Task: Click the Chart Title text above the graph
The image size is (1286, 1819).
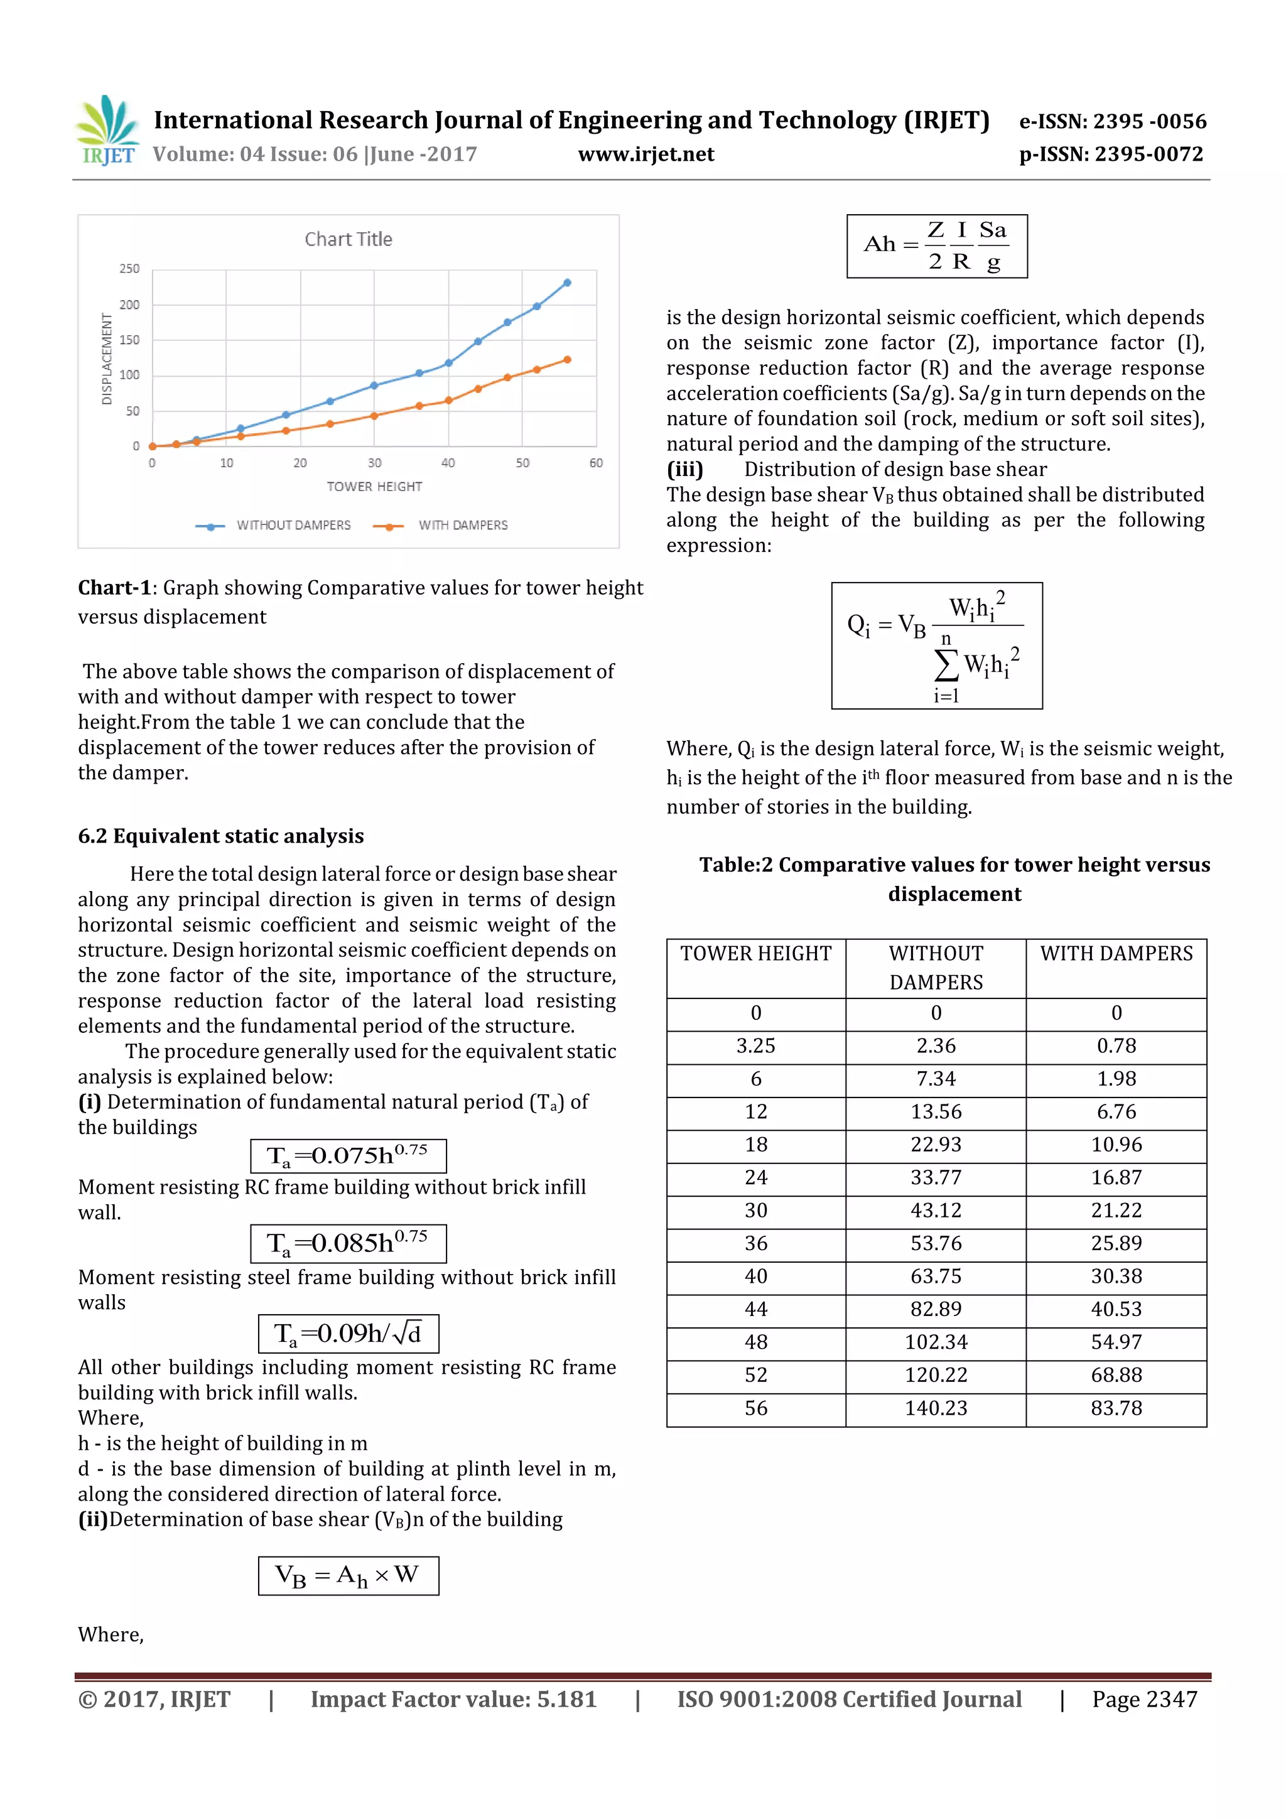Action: coord(348,239)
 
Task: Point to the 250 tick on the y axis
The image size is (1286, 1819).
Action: coord(129,269)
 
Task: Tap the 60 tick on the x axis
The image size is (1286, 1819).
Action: coord(596,463)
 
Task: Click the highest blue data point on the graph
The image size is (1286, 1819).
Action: coord(567,283)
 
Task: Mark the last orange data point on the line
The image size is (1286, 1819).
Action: coord(567,360)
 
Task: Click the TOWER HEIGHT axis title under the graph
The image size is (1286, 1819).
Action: coord(374,487)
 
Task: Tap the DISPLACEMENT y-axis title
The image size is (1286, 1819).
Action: coord(107,359)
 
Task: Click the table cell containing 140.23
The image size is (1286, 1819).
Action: coord(936,1408)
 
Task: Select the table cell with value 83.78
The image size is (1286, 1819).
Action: coord(1116,1408)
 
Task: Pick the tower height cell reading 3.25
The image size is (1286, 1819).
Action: coord(755,1047)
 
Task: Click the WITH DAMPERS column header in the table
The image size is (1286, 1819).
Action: coord(1116,954)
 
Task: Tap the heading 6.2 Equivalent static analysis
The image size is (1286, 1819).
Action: coord(220,836)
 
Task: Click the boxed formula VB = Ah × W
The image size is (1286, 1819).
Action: coord(348,1576)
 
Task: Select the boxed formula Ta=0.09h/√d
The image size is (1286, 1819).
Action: coord(348,1334)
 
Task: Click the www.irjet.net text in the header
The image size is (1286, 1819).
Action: coord(646,154)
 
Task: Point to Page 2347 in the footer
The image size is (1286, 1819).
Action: coord(1144,1699)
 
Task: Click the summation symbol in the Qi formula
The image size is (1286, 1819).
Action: coord(946,665)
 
